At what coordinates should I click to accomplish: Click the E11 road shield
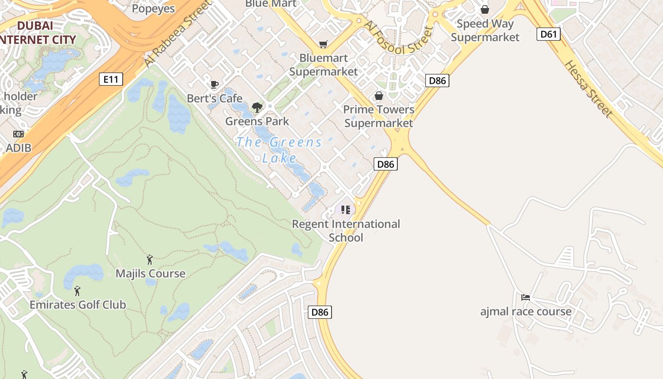pyautogui.click(x=111, y=79)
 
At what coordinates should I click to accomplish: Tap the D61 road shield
pyautogui.click(x=549, y=34)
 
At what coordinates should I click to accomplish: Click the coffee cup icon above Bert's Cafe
pyautogui.click(x=215, y=85)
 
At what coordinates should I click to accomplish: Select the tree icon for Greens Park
pyautogui.click(x=257, y=108)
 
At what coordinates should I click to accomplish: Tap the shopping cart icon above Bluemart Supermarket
pyautogui.click(x=323, y=45)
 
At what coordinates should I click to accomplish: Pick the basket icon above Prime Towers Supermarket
pyautogui.click(x=379, y=96)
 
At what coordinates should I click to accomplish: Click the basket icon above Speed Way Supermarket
pyautogui.click(x=485, y=9)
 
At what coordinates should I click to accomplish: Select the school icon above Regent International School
pyautogui.click(x=346, y=210)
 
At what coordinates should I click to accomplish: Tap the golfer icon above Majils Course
pyautogui.click(x=150, y=260)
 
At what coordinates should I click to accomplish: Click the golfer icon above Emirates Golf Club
pyautogui.click(x=78, y=291)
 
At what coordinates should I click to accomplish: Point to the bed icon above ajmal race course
pyautogui.click(x=526, y=298)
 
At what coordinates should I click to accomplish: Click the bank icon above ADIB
pyautogui.click(x=18, y=134)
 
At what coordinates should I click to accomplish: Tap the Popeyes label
pyautogui.click(x=153, y=9)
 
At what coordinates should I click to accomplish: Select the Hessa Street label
pyautogui.click(x=589, y=89)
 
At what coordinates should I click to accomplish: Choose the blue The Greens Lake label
pyautogui.click(x=279, y=150)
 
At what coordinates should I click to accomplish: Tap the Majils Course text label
pyautogui.click(x=151, y=274)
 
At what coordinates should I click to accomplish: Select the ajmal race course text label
pyautogui.click(x=526, y=312)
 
